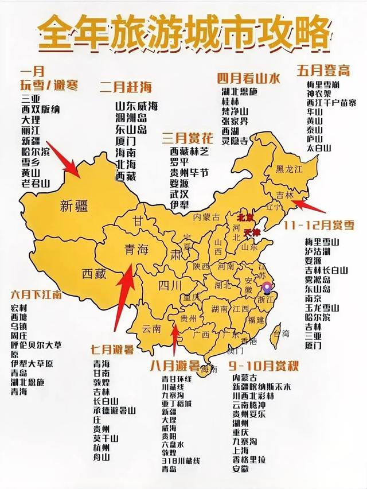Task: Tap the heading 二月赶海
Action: coord(126,87)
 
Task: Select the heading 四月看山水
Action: coord(248,79)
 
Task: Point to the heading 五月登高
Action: coord(323,70)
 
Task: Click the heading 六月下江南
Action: coord(36,294)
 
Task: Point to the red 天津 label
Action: coord(252,232)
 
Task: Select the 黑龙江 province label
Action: coord(288,169)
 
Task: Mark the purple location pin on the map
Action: coord(266,286)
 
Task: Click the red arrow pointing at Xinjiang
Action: coord(64,159)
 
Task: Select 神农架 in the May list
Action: coord(318,94)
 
